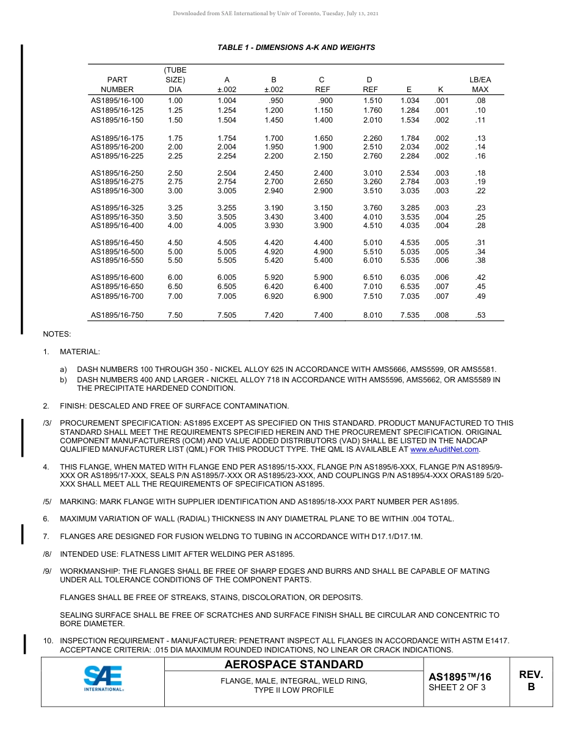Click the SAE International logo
[103, 679]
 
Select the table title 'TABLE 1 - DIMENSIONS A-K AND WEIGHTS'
[296, 48]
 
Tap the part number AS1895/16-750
[117, 315]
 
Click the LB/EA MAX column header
[480, 85]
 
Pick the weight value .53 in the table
[480, 315]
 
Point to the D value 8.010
[372, 315]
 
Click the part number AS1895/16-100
[117, 101]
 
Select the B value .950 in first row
[276, 101]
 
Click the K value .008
[441, 315]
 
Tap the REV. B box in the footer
[531, 681]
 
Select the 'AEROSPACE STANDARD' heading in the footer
[294, 665]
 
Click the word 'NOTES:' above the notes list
[57, 334]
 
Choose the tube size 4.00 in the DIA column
[175, 225]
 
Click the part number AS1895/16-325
[117, 208]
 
